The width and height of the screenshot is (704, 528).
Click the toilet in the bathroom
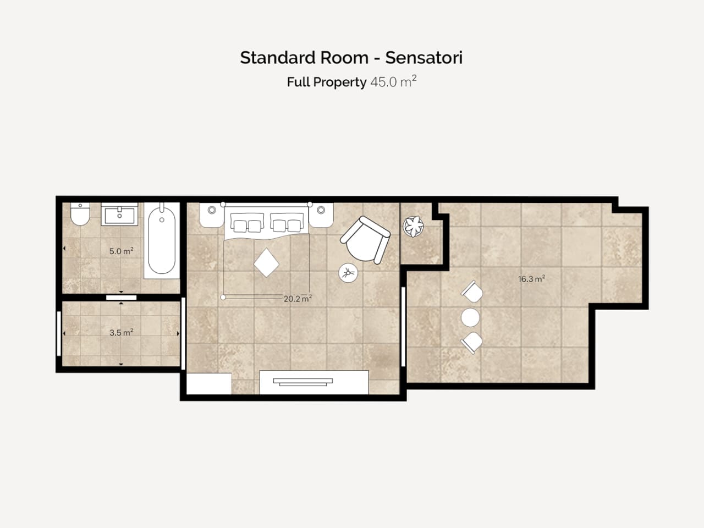[x=80, y=214]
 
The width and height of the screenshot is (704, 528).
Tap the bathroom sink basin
[x=119, y=214]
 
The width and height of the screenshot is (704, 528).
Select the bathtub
[x=162, y=240]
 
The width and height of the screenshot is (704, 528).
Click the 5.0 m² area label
[x=121, y=251]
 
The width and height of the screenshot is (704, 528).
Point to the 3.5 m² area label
[x=121, y=332]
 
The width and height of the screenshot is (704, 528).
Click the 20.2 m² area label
[x=298, y=299]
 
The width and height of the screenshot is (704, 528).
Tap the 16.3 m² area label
[x=531, y=279]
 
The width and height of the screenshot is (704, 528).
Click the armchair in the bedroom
[x=365, y=240]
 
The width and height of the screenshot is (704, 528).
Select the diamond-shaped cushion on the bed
[x=266, y=263]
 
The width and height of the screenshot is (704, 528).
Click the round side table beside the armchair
[x=348, y=273]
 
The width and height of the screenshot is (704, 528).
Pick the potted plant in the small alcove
[x=413, y=227]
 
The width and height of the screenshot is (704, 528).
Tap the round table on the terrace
[x=470, y=317]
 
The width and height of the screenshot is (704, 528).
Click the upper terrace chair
[x=472, y=291]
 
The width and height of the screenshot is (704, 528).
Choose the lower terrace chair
[x=472, y=343]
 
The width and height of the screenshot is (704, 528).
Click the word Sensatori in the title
[x=424, y=58]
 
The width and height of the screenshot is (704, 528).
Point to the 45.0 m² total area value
[x=393, y=81]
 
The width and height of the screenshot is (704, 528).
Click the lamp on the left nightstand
[x=212, y=210]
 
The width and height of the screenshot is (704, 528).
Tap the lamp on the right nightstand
[x=321, y=210]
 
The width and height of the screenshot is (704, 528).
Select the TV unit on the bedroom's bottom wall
[x=314, y=382]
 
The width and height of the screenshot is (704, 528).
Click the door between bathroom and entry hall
[x=121, y=298]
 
